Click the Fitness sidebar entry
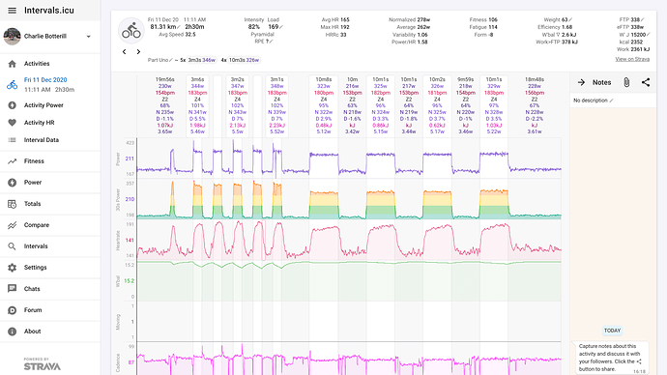click(x=35, y=161)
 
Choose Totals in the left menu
click(x=34, y=203)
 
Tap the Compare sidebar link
click(x=38, y=224)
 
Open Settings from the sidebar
click(x=36, y=267)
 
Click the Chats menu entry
click(x=32, y=289)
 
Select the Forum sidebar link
click(x=34, y=310)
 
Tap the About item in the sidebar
click(x=33, y=332)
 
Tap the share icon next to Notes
click(x=646, y=83)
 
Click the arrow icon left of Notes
click(x=582, y=83)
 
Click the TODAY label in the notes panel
click(x=613, y=330)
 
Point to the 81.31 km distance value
click(x=162, y=27)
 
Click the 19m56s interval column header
click(x=163, y=79)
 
